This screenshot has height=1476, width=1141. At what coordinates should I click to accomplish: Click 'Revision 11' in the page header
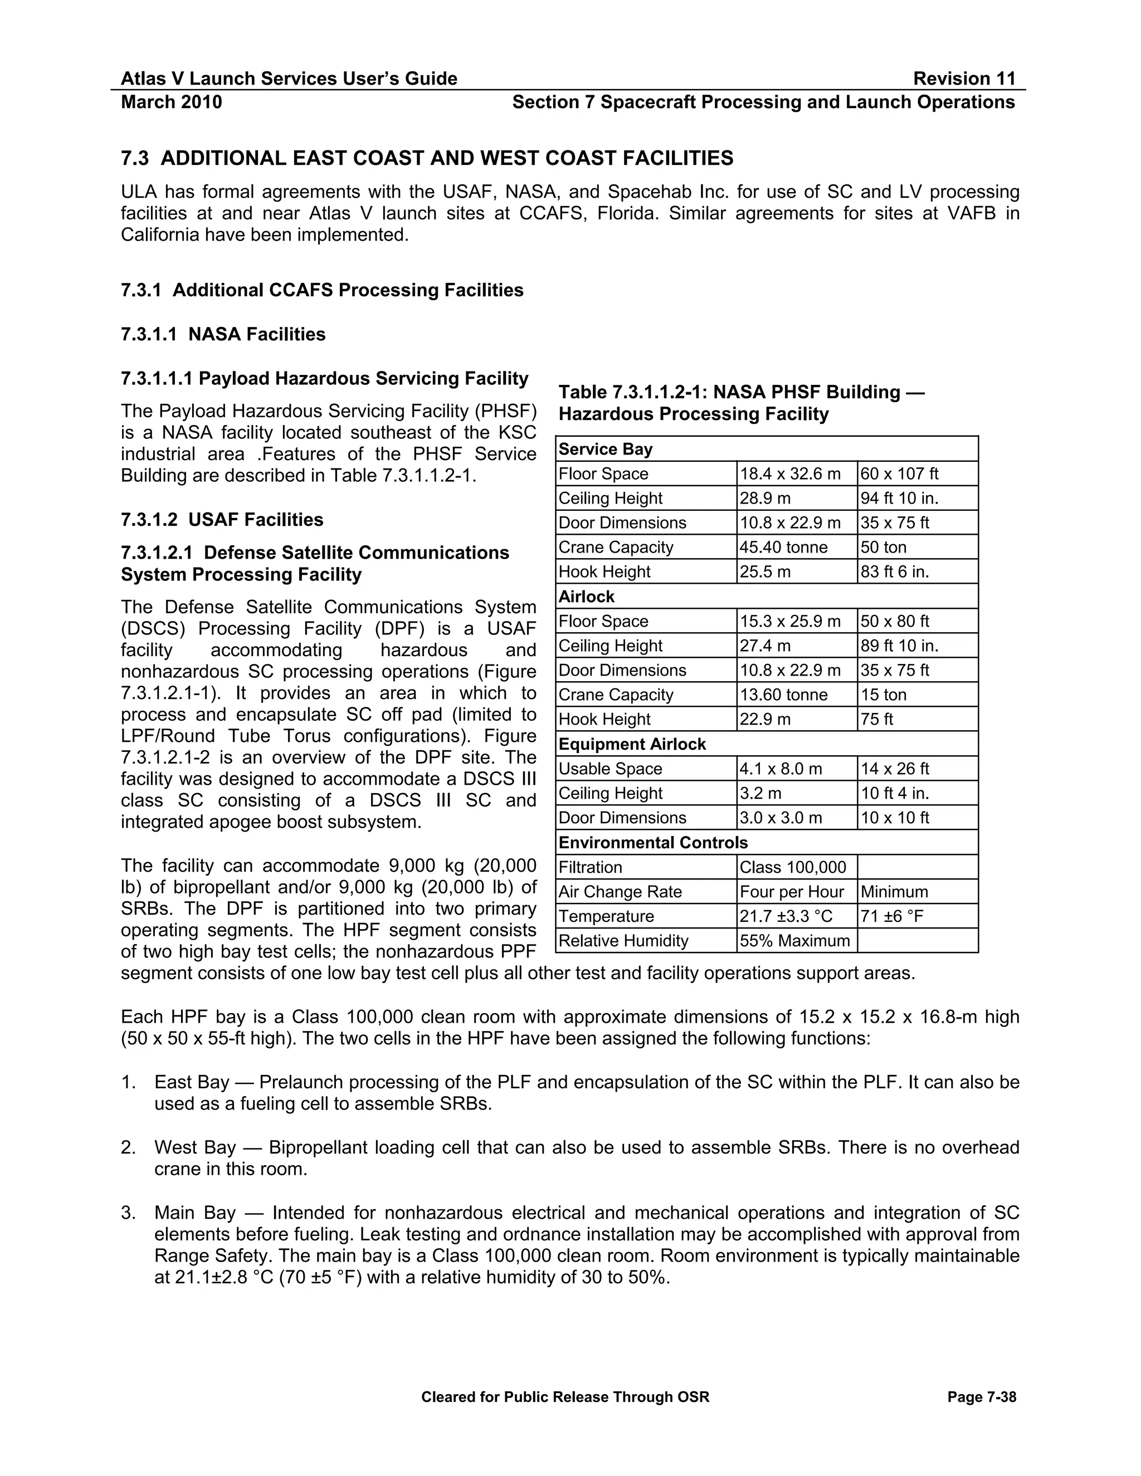[964, 79]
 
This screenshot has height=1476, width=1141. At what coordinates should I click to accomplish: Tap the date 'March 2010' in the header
[171, 102]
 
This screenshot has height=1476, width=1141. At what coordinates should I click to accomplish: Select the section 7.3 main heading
[427, 158]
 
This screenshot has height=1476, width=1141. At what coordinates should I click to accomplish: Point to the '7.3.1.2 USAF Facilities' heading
[222, 519]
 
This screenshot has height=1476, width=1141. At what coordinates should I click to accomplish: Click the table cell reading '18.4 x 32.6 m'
[789, 474]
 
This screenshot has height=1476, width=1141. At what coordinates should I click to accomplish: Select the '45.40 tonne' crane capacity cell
[783, 547]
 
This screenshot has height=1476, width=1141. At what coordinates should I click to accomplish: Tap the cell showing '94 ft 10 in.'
[899, 498]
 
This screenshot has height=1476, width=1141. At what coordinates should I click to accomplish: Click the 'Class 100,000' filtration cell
[792, 867]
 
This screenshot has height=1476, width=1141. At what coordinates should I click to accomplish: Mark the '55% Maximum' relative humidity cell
[794, 940]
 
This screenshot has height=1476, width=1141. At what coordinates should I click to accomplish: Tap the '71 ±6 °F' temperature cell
[891, 916]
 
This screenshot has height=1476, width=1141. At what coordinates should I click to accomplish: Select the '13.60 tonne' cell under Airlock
[783, 694]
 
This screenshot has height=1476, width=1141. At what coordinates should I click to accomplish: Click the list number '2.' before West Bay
[129, 1147]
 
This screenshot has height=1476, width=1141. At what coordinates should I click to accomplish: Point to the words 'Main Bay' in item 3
[194, 1212]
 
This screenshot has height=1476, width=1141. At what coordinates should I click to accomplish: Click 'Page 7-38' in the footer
[982, 1397]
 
